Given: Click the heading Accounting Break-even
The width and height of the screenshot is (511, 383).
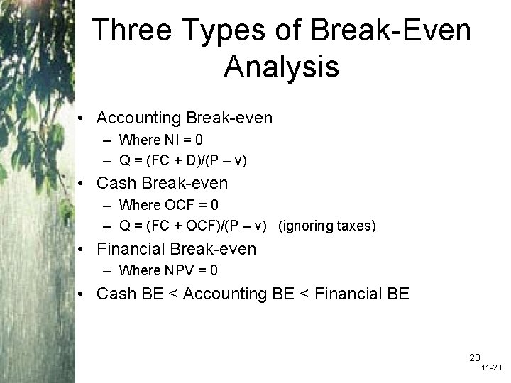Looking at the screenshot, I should [x=184, y=117].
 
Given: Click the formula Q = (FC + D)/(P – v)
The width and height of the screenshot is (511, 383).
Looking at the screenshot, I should [x=183, y=160].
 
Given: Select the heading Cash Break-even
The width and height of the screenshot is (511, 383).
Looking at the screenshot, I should [x=162, y=183].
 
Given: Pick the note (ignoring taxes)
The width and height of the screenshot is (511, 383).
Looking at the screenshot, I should [x=326, y=226].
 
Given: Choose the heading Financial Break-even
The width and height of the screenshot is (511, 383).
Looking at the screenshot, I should [x=176, y=249].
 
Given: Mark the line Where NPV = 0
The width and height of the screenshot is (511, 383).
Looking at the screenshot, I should [x=168, y=270].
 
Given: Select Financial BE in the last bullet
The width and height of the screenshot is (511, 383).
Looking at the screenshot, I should [x=363, y=293].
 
